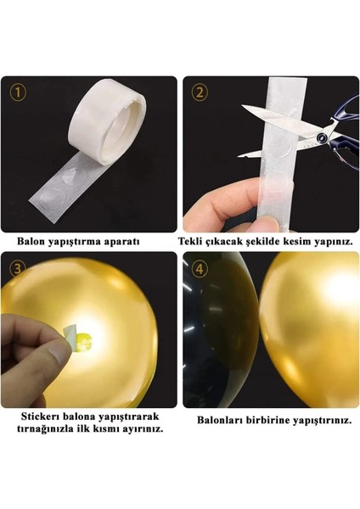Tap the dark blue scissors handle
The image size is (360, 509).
click(336, 136)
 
